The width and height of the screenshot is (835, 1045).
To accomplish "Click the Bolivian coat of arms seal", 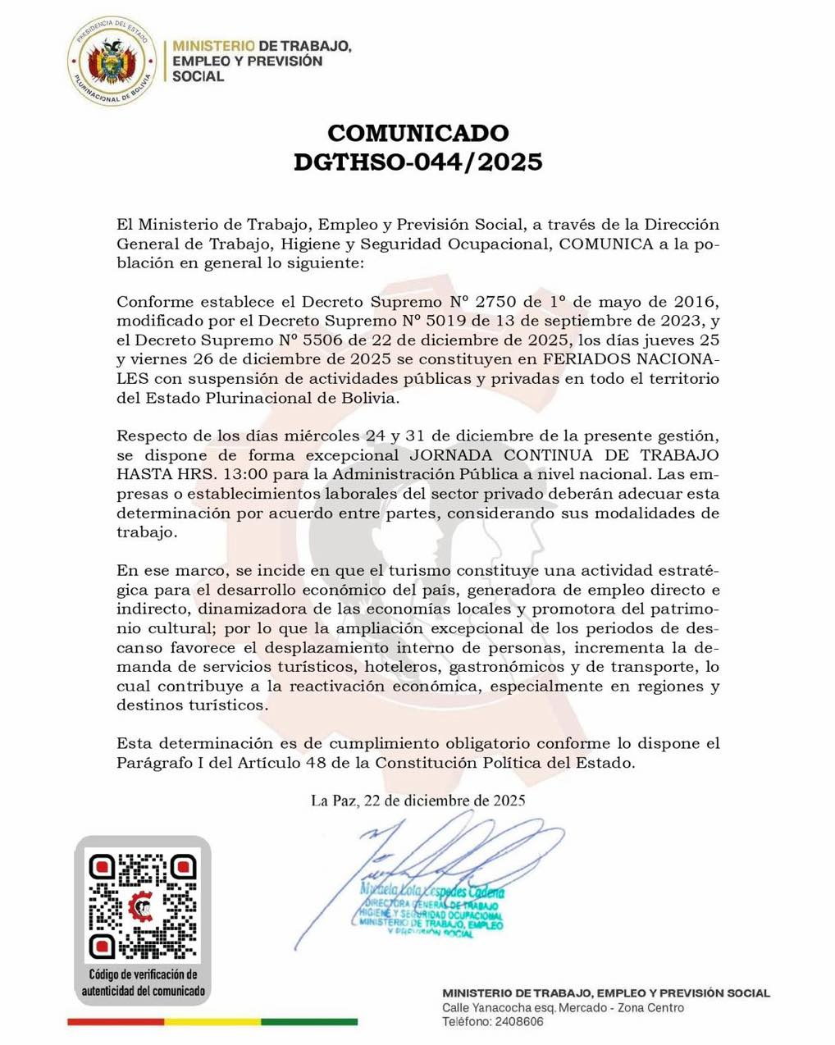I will tap(111, 62).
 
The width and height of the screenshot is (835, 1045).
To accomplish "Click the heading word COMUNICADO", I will tap(417, 133).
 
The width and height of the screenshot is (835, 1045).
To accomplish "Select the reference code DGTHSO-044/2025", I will tap(417, 162).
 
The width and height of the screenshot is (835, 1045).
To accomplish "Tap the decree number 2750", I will tap(497, 301).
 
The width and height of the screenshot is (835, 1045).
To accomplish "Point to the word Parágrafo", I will tap(149, 763).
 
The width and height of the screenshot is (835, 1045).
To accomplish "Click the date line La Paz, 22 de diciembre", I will tap(417, 800).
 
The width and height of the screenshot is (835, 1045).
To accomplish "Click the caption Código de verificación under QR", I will tap(143, 974).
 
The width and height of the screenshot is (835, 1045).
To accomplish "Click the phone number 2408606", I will tap(517, 1022).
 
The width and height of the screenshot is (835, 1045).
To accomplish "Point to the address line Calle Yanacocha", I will tap(563, 1007).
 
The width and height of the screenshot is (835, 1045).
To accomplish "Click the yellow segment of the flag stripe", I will tap(212, 1022).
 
